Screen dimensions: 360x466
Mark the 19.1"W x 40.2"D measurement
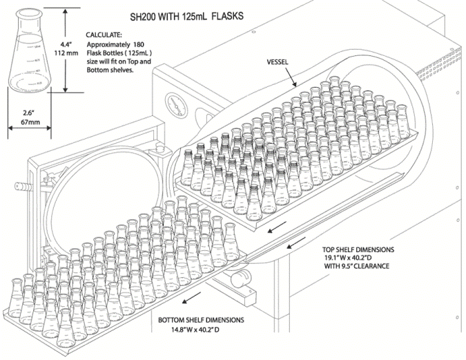coord(366,258)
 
